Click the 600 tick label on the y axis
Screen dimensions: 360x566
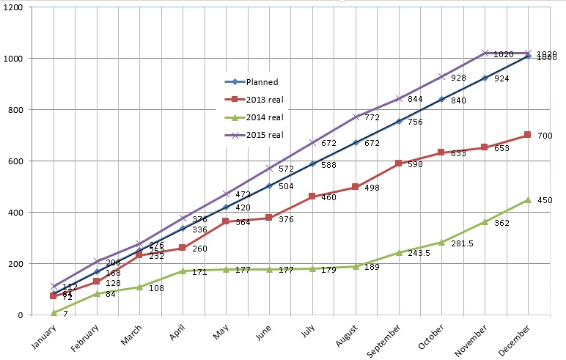(x=16, y=161)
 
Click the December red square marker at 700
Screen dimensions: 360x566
(x=527, y=135)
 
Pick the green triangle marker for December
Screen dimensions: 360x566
(x=527, y=199)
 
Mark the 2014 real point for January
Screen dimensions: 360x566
(x=54, y=313)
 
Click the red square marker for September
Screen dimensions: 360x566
(x=398, y=164)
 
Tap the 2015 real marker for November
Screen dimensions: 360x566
(x=485, y=53)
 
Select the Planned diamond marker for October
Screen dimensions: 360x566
(x=441, y=99)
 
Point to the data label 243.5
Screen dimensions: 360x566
(x=419, y=254)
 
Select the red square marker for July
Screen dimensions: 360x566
(x=312, y=196)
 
